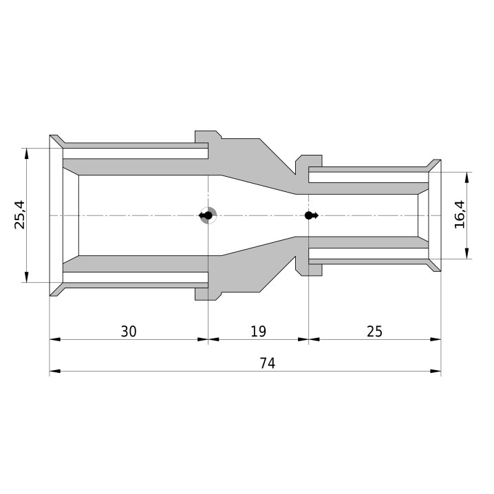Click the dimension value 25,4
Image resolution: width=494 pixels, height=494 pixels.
click(x=20, y=215)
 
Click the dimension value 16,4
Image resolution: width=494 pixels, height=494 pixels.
click(x=460, y=215)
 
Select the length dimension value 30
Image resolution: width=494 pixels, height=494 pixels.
click(x=129, y=332)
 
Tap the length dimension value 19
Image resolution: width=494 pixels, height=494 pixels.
click(x=258, y=332)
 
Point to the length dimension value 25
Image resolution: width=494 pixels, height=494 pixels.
click(x=374, y=332)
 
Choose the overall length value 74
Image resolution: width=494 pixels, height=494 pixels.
click(x=268, y=363)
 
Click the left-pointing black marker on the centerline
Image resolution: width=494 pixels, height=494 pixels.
click(x=206, y=215)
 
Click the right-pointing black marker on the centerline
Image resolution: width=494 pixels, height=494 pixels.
click(x=312, y=215)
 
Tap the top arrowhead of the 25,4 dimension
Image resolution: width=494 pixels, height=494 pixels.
click(x=26, y=153)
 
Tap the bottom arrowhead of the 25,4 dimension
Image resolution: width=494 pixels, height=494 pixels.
click(x=26, y=277)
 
